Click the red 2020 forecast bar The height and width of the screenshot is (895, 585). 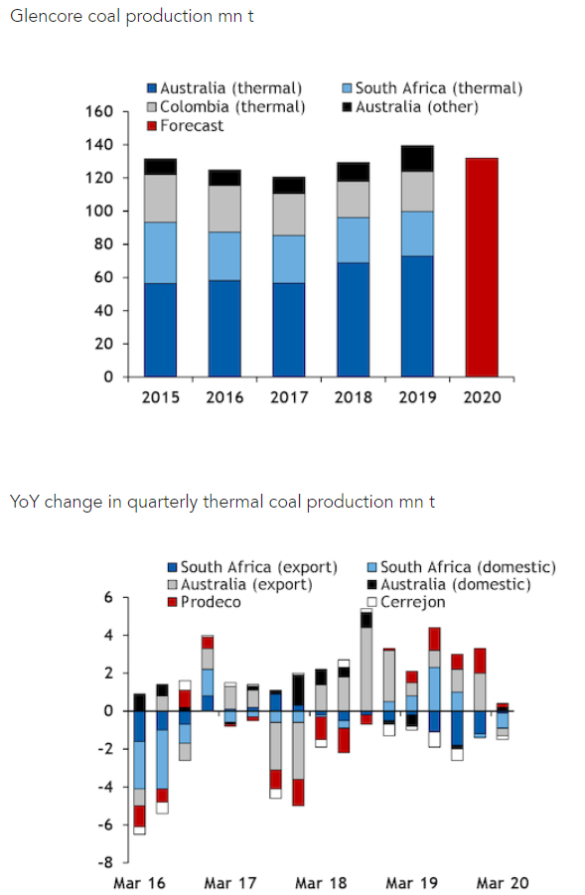(482, 267)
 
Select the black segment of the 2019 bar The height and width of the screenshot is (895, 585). (417, 159)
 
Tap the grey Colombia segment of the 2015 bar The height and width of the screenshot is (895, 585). (160, 198)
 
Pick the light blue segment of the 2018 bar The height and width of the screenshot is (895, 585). (354, 240)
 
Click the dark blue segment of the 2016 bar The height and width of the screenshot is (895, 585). (224, 329)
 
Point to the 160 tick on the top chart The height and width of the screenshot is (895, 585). (99, 111)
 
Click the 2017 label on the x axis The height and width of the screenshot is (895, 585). (289, 397)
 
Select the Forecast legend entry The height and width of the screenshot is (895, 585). (186, 125)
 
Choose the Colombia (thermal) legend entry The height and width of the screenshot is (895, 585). (226, 106)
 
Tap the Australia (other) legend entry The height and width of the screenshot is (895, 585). (410, 106)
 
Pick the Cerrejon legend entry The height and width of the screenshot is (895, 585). (406, 602)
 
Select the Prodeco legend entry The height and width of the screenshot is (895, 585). (205, 602)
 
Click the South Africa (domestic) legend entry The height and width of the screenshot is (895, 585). (462, 567)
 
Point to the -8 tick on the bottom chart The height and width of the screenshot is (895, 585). (105, 862)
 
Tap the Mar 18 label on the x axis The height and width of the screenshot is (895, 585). (321, 883)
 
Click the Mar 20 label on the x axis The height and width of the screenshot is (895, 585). (503, 883)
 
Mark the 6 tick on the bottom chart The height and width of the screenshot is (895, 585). (108, 598)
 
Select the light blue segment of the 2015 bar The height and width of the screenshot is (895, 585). (160, 253)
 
